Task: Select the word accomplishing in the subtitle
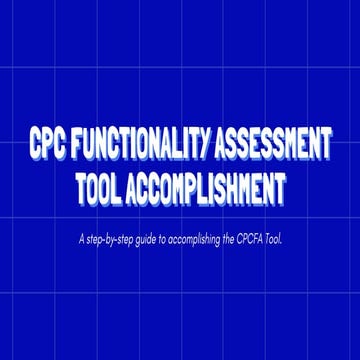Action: [200, 239]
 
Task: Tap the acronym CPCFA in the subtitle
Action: [259, 239]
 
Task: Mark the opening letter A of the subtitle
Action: [79, 239]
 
